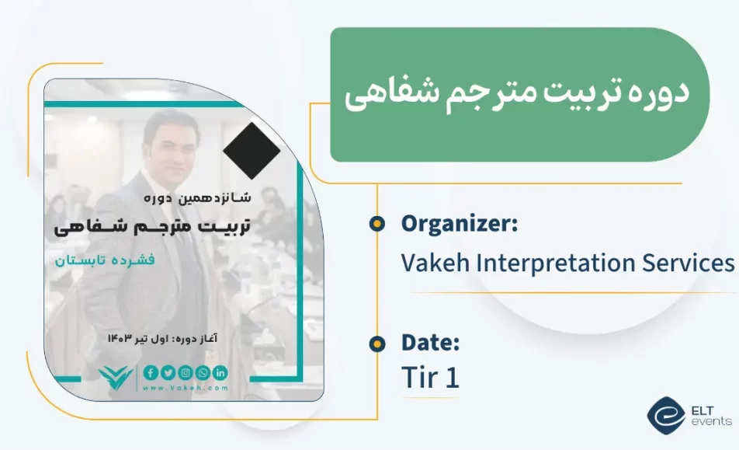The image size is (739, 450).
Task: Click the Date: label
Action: click(x=431, y=342)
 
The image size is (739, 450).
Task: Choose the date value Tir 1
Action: click(x=431, y=378)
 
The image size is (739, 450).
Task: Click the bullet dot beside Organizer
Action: click(x=376, y=225)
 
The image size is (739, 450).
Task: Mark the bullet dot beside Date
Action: click(x=376, y=343)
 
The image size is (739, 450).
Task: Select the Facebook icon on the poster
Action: click(x=151, y=372)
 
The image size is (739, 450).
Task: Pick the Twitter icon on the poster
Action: click(x=168, y=372)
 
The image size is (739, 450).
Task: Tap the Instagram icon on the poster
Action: click(x=185, y=372)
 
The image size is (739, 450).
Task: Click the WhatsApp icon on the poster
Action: click(x=203, y=372)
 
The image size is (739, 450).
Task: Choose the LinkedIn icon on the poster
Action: click(x=220, y=372)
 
